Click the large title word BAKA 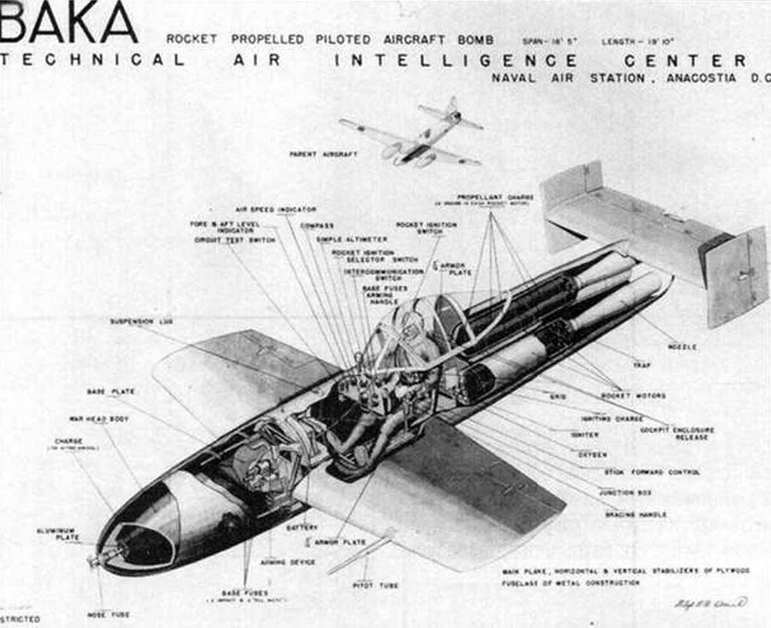(69, 23)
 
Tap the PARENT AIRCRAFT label (324, 154)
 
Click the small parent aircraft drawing (413, 135)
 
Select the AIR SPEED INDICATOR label (275, 209)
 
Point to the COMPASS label (317, 226)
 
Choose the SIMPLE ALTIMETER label (360, 239)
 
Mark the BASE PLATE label (110, 392)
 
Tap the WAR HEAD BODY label (99, 419)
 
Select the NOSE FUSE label (108, 615)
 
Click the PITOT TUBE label (375, 585)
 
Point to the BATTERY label (302, 528)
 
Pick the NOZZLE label (682, 347)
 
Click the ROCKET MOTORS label (633, 396)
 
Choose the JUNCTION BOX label (625, 493)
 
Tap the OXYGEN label (592, 455)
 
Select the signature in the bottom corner (710, 603)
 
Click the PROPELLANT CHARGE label (495, 197)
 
